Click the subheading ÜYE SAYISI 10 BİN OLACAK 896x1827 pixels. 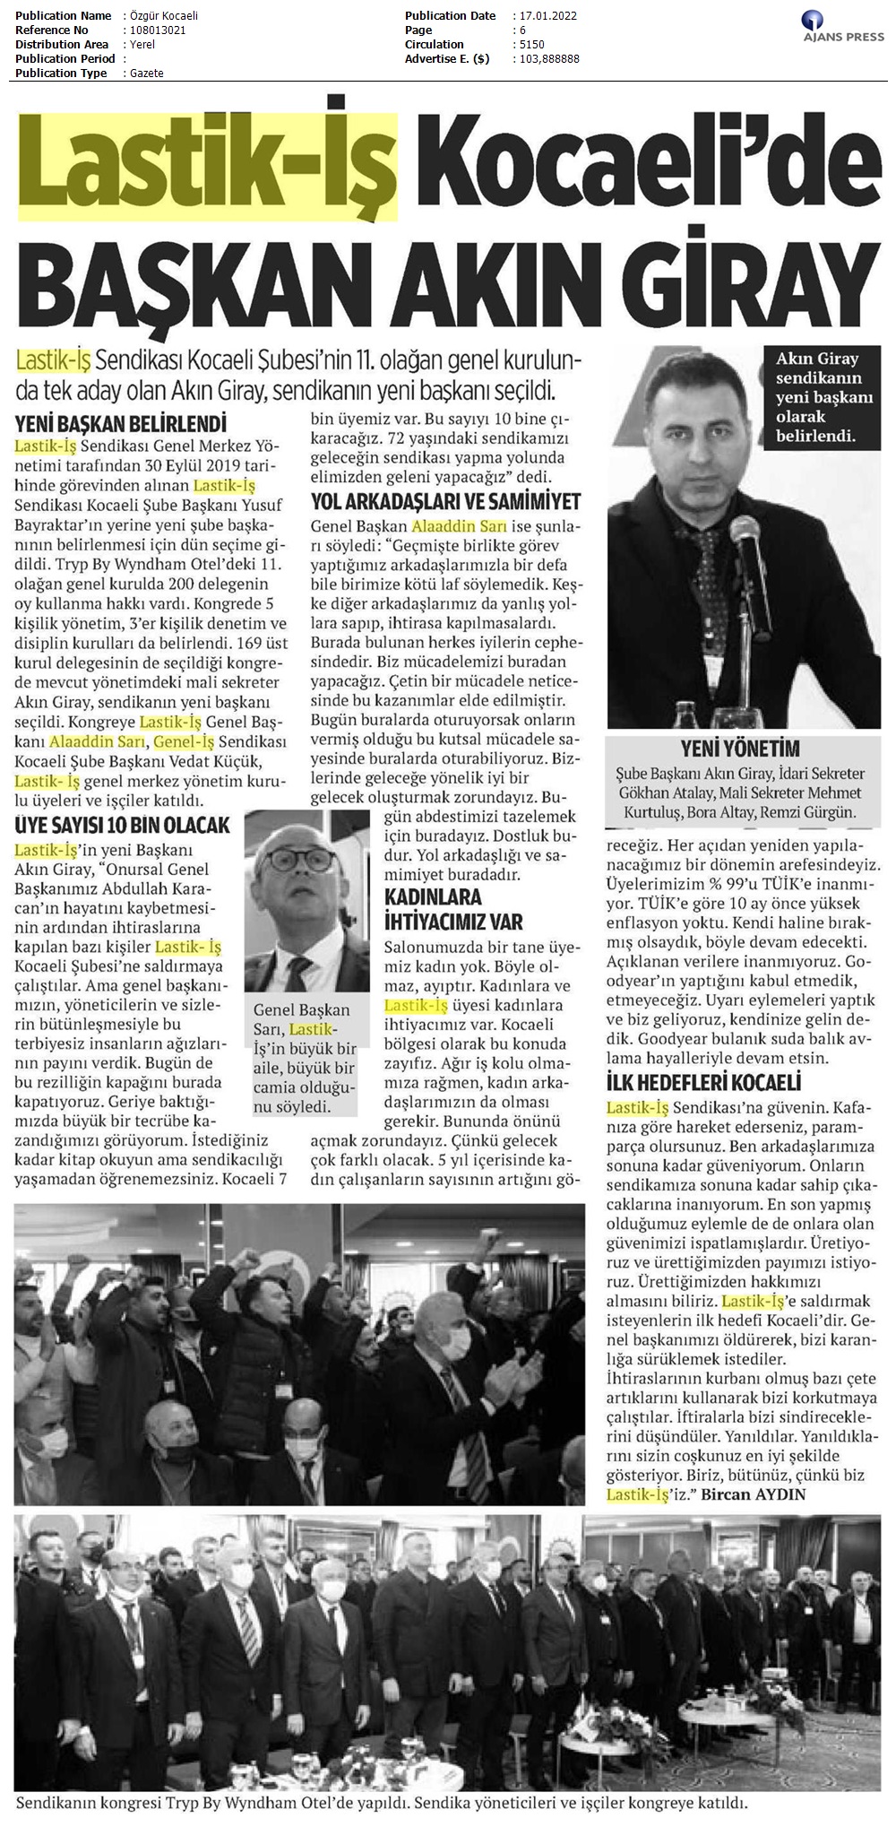pos(124,825)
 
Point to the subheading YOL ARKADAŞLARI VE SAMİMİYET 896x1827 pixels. pos(445,502)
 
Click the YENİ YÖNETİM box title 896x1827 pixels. pos(740,749)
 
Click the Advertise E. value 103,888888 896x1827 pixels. pos(548,59)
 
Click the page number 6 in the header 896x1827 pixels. pos(520,30)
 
